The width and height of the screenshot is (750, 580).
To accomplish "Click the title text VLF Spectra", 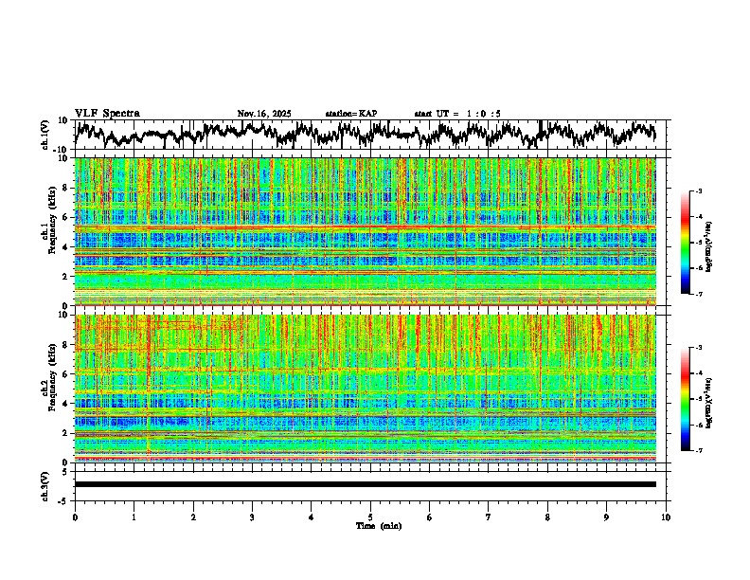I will (107, 113).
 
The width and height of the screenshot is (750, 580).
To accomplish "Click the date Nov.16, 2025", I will (264, 114).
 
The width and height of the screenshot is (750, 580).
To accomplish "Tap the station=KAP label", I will (350, 114).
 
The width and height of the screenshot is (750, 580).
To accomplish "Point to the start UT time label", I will (457, 114).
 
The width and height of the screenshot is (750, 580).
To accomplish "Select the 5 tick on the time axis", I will (370, 517).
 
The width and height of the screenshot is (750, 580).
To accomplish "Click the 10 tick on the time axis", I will (666, 517).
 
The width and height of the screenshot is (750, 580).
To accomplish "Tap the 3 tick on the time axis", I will (252, 517).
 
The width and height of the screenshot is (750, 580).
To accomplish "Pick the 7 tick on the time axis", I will (489, 517).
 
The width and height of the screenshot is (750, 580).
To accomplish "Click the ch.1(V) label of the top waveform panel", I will (45, 134).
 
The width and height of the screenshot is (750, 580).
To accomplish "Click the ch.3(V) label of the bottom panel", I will (45, 484).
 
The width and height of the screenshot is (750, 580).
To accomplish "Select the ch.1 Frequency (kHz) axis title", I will (48, 231).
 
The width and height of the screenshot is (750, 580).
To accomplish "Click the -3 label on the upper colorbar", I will (699, 191).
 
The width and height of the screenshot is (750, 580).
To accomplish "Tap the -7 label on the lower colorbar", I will (699, 450).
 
